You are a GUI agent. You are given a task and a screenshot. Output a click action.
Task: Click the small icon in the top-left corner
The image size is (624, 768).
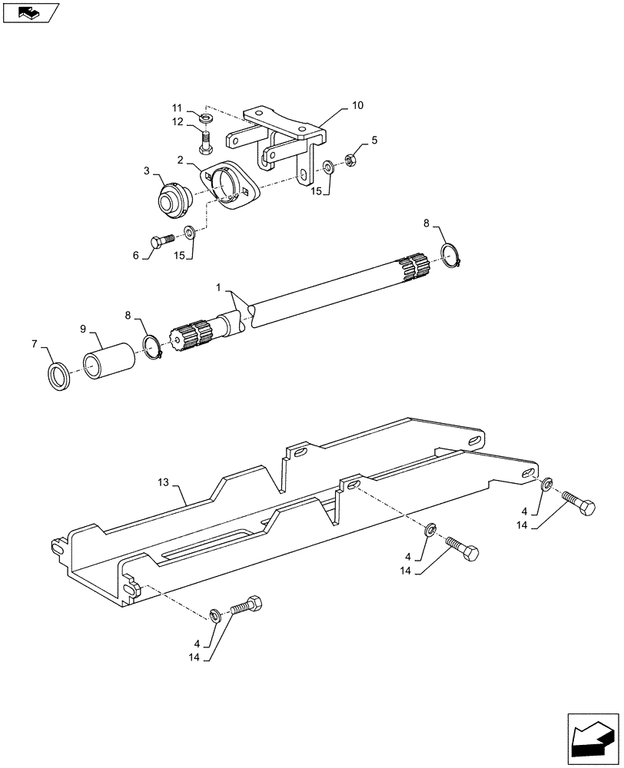(30, 13)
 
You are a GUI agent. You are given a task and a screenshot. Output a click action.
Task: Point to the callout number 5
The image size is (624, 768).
(374, 140)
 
